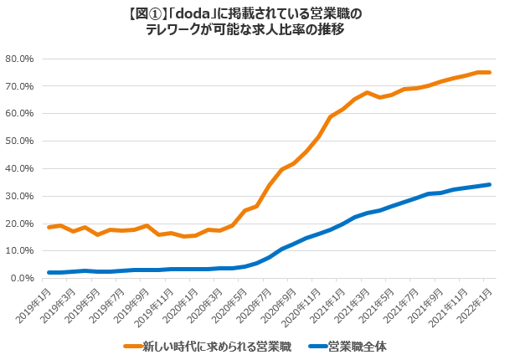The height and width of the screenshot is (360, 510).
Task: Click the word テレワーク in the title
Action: pos(176,29)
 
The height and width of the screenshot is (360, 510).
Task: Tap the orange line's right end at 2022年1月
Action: pos(490,73)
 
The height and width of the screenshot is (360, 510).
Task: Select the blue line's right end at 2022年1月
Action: pos(490,185)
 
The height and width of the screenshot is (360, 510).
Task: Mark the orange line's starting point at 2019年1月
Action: pos(49,227)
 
